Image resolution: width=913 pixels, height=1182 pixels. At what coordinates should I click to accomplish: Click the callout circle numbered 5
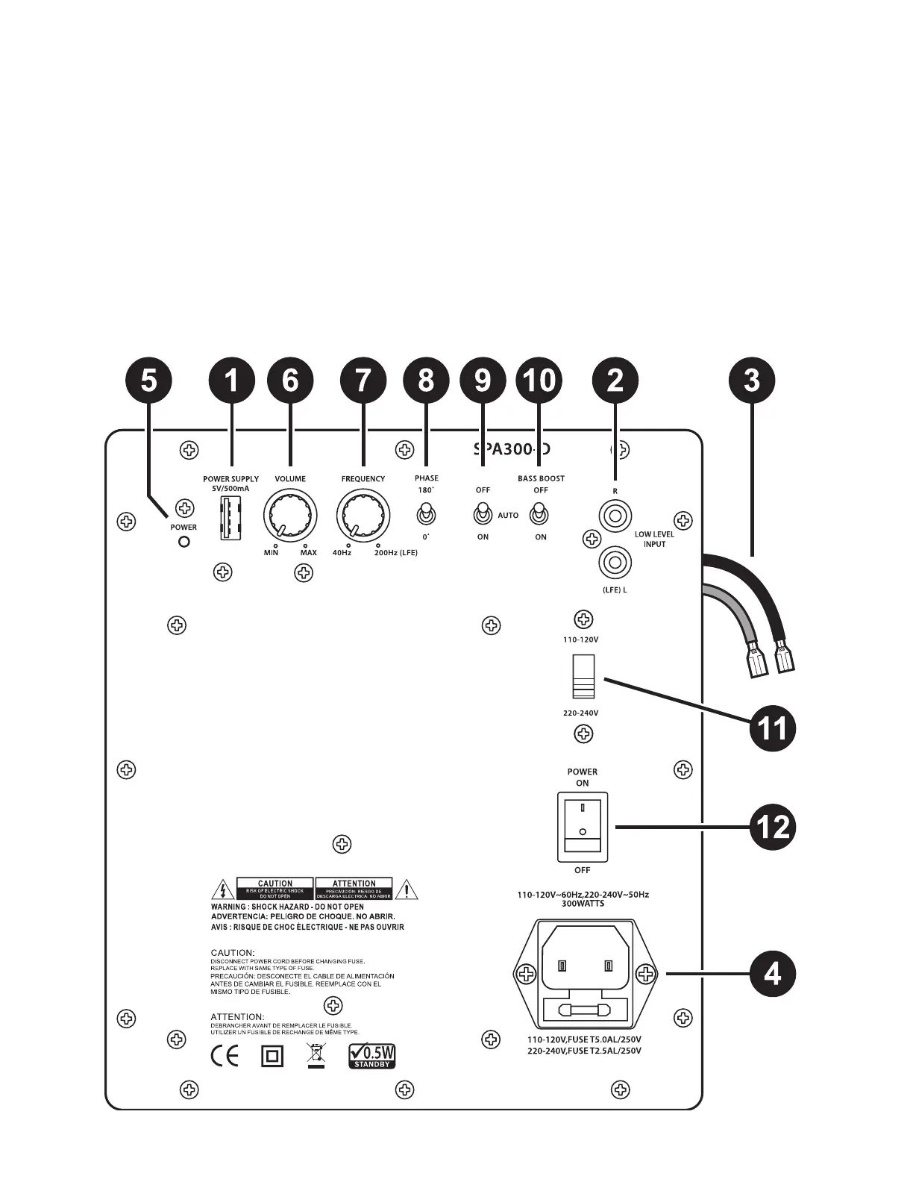point(149,381)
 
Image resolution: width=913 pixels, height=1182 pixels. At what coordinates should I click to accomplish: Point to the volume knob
point(290,516)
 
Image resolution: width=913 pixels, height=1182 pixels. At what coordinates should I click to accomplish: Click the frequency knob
point(363,516)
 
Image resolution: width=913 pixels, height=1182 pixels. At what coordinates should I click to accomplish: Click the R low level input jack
point(615,514)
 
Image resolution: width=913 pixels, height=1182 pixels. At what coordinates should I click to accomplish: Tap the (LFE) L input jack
point(615,560)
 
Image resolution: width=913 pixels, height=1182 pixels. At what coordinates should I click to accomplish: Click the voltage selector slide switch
point(582,676)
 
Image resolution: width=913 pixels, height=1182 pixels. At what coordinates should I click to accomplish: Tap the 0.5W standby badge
point(372,1057)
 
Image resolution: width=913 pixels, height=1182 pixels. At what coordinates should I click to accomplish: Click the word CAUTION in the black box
point(275,884)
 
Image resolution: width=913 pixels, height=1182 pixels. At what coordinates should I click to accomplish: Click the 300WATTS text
point(583,904)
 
